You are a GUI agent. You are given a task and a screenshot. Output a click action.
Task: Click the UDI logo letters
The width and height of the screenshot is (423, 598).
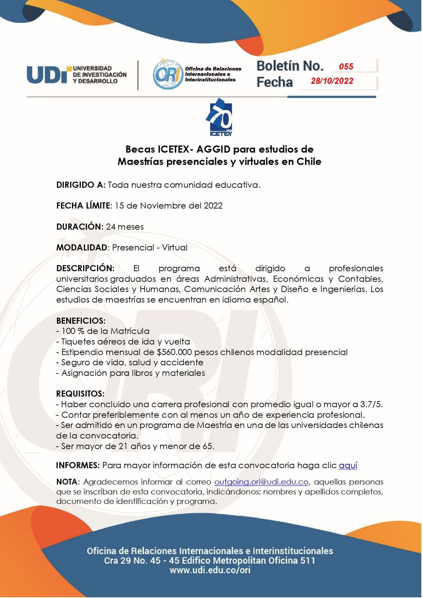(x=48, y=75)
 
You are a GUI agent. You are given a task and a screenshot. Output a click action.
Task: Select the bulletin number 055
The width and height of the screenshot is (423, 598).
(x=346, y=66)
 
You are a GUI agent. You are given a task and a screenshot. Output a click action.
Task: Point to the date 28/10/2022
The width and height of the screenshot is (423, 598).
(x=332, y=81)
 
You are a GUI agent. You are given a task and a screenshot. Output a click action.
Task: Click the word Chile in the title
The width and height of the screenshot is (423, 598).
(x=309, y=162)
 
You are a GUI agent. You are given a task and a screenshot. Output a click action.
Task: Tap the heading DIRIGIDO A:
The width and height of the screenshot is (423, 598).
(x=81, y=185)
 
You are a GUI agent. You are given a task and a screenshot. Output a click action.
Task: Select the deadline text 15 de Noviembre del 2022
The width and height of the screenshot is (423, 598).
(x=168, y=206)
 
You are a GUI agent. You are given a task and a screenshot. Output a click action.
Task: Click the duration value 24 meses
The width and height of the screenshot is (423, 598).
(x=125, y=227)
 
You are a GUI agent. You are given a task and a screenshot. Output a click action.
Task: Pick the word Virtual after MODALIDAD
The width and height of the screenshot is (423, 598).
(x=175, y=248)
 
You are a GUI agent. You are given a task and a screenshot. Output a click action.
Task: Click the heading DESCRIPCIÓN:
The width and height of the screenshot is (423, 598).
(x=85, y=269)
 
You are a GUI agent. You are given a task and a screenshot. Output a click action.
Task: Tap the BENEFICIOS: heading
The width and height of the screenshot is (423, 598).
(x=81, y=321)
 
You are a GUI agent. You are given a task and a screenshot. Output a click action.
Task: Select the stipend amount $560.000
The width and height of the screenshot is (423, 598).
(x=174, y=352)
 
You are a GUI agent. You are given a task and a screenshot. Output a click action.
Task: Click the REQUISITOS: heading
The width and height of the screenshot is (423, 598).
(x=80, y=394)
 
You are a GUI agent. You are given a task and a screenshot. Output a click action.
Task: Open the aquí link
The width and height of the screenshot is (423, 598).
(x=348, y=465)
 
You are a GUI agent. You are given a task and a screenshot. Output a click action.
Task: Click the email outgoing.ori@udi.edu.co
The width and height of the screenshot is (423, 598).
(x=261, y=482)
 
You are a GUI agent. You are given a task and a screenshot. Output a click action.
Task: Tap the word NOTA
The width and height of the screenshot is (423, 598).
(x=67, y=482)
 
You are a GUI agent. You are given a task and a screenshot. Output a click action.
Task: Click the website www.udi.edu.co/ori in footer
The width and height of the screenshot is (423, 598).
(x=210, y=570)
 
